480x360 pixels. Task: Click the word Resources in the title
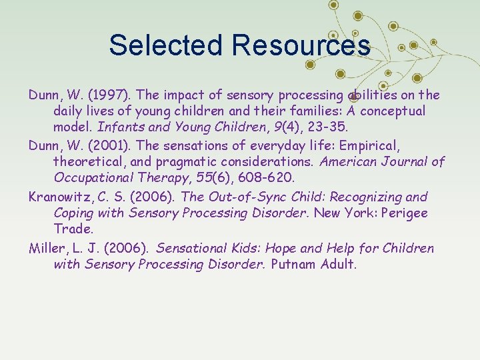coord(301,45)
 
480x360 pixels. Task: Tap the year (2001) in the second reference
coord(89,145)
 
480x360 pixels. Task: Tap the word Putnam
coord(296,265)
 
